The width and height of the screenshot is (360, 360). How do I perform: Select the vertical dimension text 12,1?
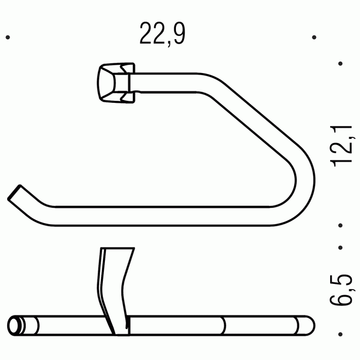click(x=342, y=146)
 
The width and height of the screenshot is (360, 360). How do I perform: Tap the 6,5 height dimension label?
click(x=342, y=289)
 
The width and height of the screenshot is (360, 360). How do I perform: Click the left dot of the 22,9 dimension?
click(x=7, y=38)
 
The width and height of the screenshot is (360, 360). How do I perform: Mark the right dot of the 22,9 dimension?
click(x=314, y=38)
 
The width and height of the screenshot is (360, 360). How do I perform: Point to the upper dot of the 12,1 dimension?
click(x=340, y=64)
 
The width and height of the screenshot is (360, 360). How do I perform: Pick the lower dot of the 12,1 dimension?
click(x=340, y=225)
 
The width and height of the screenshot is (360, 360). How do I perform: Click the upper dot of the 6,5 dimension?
click(x=340, y=247)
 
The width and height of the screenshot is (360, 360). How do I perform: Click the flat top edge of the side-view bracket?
click(x=117, y=250)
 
